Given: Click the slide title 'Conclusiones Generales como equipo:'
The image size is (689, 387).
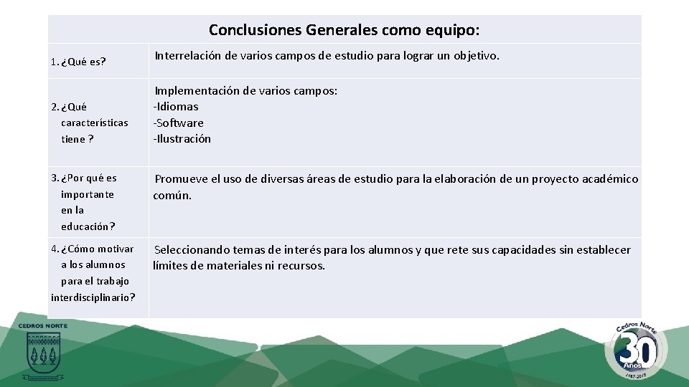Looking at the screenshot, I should (344, 30).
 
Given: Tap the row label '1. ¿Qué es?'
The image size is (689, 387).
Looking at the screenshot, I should (78, 62).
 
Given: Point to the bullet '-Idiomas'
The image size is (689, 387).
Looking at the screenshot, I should (176, 107).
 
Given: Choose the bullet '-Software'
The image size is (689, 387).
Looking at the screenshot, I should (178, 123).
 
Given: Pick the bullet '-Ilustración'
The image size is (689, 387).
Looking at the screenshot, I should (182, 139).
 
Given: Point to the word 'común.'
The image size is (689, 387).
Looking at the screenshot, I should (172, 195).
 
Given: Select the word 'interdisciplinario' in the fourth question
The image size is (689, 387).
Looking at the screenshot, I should (90, 297).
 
